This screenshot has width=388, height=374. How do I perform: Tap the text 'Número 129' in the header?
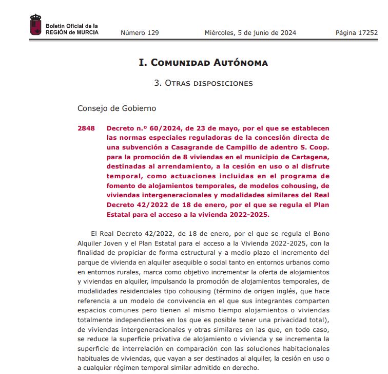point(140,33)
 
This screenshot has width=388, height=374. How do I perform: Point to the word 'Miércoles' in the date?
point(220,33)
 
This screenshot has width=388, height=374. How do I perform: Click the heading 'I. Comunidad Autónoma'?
point(203,63)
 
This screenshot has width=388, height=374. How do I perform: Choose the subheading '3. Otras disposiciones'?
point(203,83)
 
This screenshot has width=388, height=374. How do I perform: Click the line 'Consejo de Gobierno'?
point(117,108)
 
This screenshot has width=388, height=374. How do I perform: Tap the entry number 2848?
point(86,128)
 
